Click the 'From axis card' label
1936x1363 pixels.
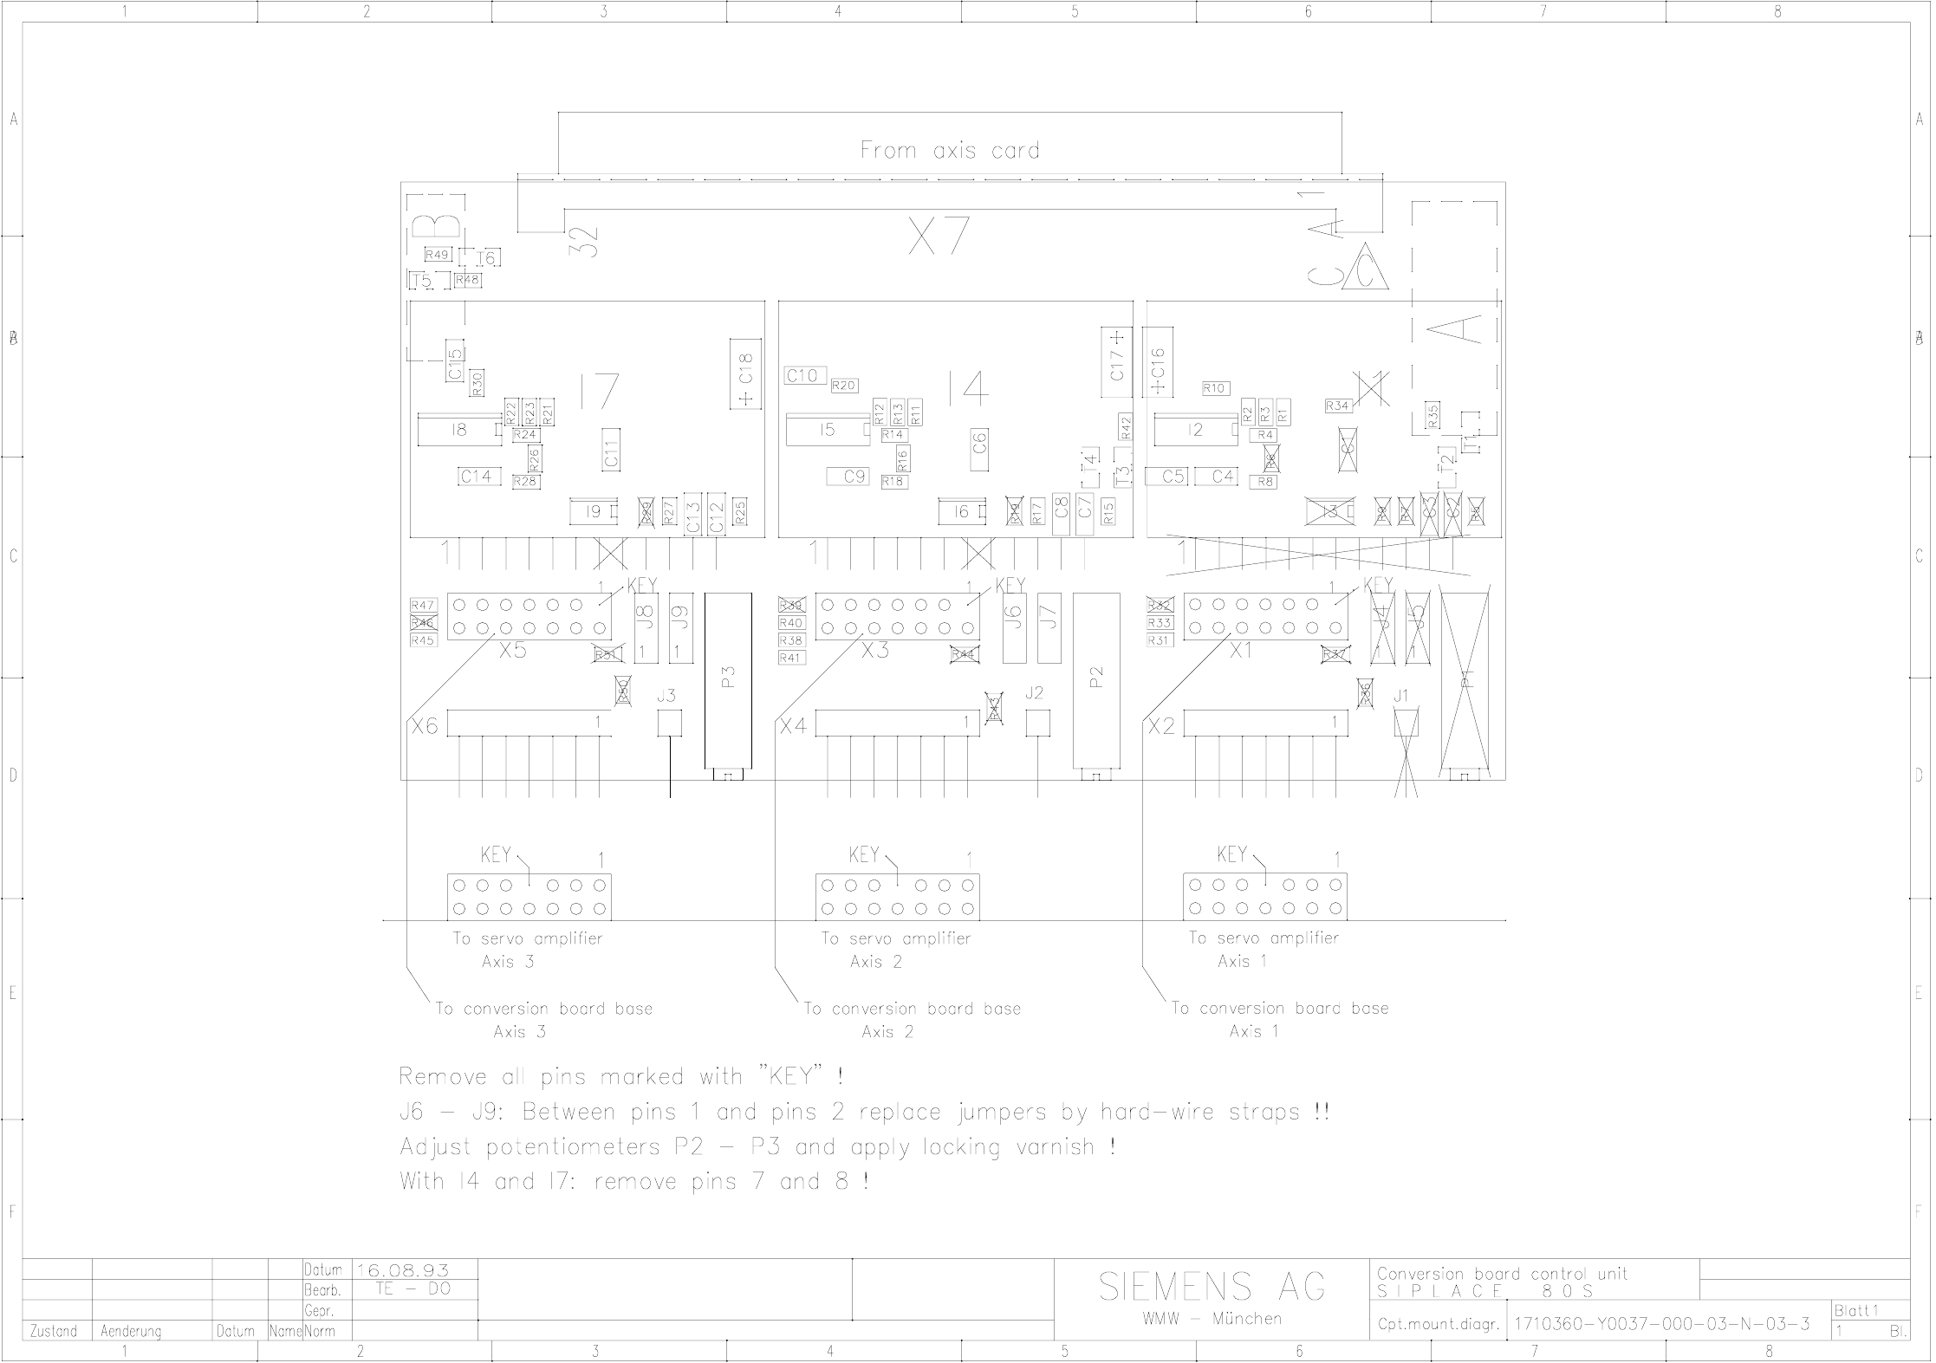(949, 150)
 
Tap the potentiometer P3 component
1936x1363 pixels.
(728, 680)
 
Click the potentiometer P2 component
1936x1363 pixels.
(1096, 680)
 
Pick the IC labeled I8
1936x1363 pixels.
(459, 430)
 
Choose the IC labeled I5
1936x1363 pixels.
(828, 430)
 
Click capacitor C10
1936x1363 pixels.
(802, 375)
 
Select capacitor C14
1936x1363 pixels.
(478, 476)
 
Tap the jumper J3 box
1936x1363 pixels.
(669, 723)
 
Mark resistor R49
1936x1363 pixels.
(437, 255)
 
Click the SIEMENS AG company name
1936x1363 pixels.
(1212, 1287)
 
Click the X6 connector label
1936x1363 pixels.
(425, 726)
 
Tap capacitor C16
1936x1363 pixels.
(1158, 362)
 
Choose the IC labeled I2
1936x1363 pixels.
(1196, 430)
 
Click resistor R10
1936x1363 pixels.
(1215, 388)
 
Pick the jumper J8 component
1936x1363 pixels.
(645, 628)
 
